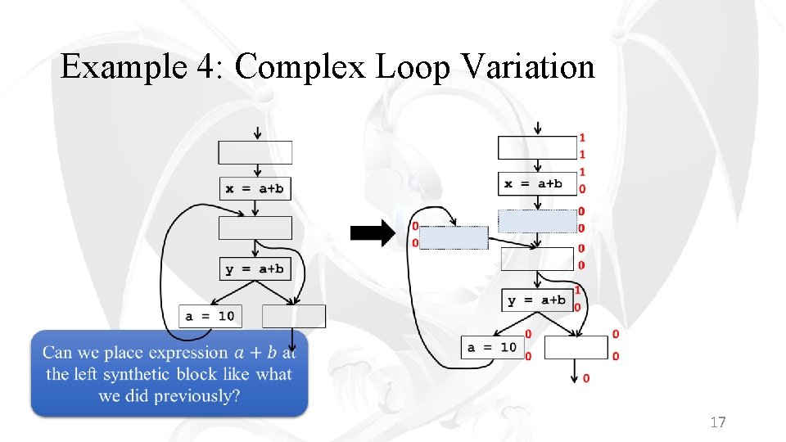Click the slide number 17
tap(718, 422)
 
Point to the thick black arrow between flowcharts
tap(373, 233)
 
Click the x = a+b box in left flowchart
tap(255, 188)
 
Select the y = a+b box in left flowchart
tap(255, 268)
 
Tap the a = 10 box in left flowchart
tap(210, 315)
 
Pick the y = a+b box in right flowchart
tap(536, 300)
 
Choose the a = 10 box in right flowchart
tap(492, 347)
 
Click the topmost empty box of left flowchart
tap(255, 152)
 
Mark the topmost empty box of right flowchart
tap(537, 147)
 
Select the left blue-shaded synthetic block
tap(453, 237)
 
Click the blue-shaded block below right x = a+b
tap(537, 221)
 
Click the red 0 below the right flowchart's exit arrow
tap(586, 378)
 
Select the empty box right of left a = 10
tap(294, 316)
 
